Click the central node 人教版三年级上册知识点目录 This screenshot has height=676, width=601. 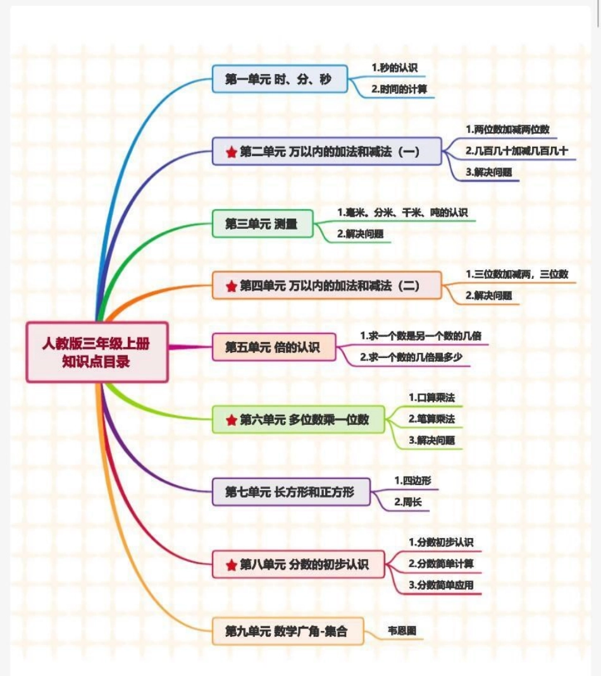[x=97, y=352]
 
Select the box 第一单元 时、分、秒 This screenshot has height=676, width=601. [x=279, y=79]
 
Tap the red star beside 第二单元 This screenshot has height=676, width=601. [x=231, y=152]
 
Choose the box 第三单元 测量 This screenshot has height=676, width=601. [x=262, y=223]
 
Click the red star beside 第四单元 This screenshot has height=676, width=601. [x=231, y=286]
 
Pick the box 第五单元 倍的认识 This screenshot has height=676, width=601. [x=273, y=347]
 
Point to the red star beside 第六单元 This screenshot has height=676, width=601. [x=231, y=419]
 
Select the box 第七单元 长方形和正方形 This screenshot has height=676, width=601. [x=290, y=491]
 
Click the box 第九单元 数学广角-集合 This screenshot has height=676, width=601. [x=287, y=630]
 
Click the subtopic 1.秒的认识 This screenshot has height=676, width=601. [x=394, y=67]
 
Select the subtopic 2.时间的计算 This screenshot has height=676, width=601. [x=399, y=90]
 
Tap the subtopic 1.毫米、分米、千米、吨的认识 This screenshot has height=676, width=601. [x=402, y=212]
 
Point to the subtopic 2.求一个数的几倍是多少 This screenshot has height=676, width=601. [x=411, y=357]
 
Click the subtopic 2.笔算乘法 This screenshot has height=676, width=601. [x=431, y=419]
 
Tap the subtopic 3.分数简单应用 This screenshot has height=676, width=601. [x=441, y=585]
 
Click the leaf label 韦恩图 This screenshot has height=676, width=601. [x=402, y=630]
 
